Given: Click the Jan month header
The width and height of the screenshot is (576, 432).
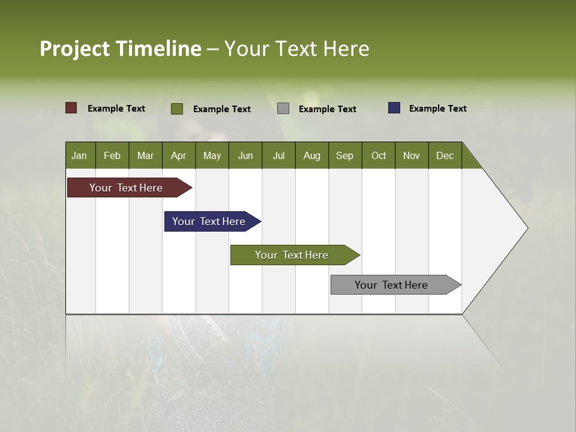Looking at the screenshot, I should (x=79, y=155).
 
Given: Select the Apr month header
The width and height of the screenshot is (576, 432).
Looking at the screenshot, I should (x=179, y=155).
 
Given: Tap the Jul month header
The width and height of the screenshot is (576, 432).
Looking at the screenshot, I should (x=278, y=155).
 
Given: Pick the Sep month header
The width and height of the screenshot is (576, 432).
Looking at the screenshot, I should (x=344, y=155).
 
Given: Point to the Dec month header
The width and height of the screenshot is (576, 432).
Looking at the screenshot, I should (x=445, y=155).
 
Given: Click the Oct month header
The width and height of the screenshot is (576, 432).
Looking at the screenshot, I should (x=379, y=155).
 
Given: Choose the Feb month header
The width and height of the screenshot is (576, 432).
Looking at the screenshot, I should (x=112, y=155).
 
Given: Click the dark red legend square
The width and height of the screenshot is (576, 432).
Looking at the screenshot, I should (x=71, y=108).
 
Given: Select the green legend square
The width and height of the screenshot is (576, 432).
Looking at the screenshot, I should (x=177, y=109).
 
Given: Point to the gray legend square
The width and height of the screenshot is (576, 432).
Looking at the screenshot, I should (x=283, y=108).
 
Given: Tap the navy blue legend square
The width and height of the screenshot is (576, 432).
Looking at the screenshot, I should (x=394, y=108).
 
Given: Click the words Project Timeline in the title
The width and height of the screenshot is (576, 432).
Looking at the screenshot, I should (x=120, y=49).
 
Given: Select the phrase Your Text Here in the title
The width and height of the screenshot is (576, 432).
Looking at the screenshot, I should (x=296, y=49).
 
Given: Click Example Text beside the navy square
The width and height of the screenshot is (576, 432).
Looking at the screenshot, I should (x=437, y=109).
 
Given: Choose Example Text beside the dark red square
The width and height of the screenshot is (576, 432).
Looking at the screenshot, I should (x=116, y=109).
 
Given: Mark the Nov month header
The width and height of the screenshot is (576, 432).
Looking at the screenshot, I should (x=412, y=155).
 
